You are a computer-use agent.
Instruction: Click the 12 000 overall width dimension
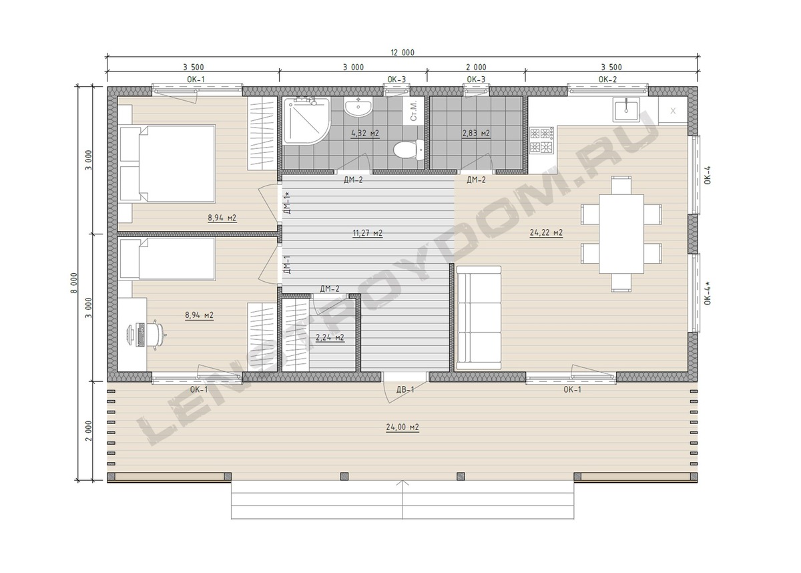(x=403, y=53)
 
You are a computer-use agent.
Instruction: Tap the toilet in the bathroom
(x=409, y=150)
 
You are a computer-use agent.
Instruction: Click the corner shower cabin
(x=306, y=121)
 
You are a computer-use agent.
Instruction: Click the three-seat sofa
(x=479, y=318)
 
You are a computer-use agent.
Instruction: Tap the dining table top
(x=621, y=234)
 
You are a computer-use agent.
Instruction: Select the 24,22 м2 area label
(x=546, y=233)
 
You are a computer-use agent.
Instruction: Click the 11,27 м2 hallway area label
(x=368, y=234)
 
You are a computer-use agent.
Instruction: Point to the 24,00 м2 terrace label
(x=403, y=427)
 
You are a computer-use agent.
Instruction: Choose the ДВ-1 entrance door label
(x=405, y=389)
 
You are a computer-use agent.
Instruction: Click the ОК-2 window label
(x=607, y=79)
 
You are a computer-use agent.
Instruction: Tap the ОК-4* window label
(x=708, y=293)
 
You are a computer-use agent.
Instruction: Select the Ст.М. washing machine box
(x=414, y=110)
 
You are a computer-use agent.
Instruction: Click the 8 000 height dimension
(x=74, y=282)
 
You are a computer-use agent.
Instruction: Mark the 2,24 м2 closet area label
(x=330, y=337)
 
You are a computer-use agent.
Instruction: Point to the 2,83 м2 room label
(x=476, y=134)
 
